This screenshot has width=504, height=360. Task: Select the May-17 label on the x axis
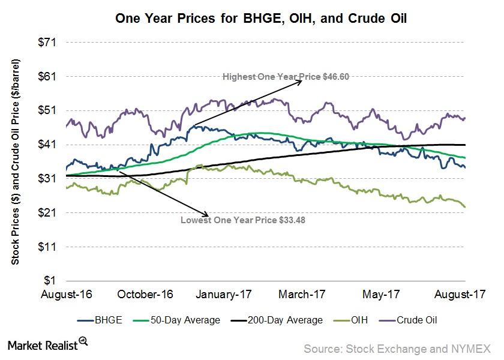[382, 295]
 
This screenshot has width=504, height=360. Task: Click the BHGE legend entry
[102, 320]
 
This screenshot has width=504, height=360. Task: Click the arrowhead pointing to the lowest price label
[207, 215]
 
